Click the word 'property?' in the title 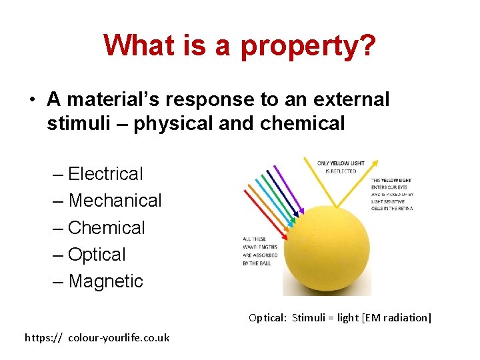click(x=308, y=45)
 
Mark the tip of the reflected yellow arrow click(x=378, y=161)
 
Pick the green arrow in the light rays click(x=279, y=197)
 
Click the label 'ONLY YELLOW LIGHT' click(x=341, y=163)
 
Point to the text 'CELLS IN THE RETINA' click(x=392, y=209)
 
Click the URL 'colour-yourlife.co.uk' click(x=119, y=337)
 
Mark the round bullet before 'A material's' click(x=31, y=100)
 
